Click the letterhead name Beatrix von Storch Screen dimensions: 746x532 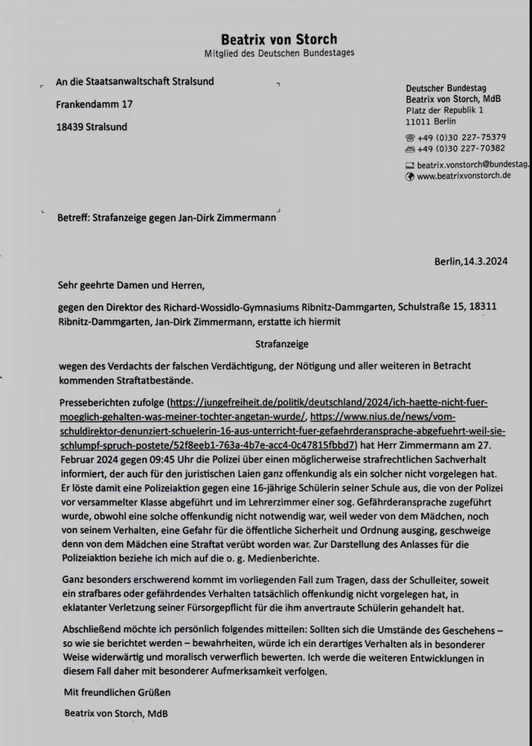279,39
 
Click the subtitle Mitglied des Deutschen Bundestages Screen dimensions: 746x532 279,55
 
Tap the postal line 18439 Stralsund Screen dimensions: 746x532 91,126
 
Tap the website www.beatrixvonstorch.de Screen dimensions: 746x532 464,176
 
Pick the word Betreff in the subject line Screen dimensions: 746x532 74,216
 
